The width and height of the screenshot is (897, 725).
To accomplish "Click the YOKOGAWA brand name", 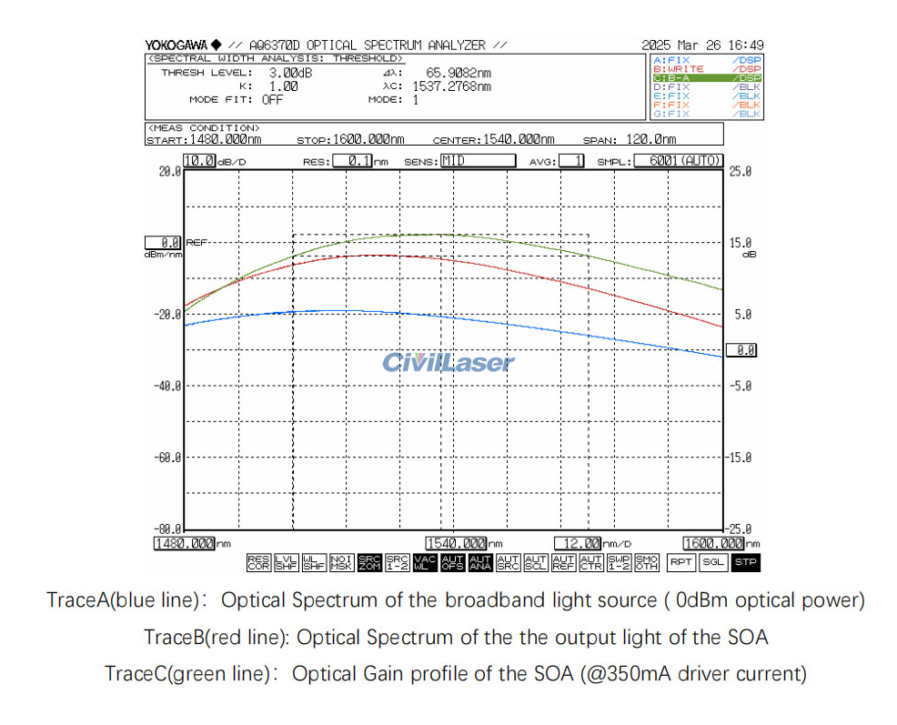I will [x=176, y=45].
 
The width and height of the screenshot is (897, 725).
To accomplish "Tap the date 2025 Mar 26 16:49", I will [x=702, y=45].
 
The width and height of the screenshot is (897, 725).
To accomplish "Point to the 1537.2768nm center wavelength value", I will [x=451, y=86].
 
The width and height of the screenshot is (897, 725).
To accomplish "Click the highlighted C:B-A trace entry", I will [x=706, y=78].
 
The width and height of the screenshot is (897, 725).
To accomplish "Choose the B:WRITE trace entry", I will [x=706, y=69].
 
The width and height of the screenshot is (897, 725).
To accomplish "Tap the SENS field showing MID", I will [x=478, y=161].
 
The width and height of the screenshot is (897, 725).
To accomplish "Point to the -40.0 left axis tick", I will [x=167, y=386].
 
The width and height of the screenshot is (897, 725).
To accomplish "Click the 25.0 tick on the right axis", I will [x=740, y=171].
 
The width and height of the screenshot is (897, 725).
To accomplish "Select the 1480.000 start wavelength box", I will [x=185, y=543].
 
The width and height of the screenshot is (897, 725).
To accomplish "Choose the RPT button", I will [x=681, y=562].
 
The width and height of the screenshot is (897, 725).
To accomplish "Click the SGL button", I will [x=713, y=562].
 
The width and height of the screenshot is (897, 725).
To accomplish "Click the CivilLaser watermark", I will [x=448, y=363].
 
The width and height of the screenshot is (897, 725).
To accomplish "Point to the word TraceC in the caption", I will [x=135, y=674].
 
